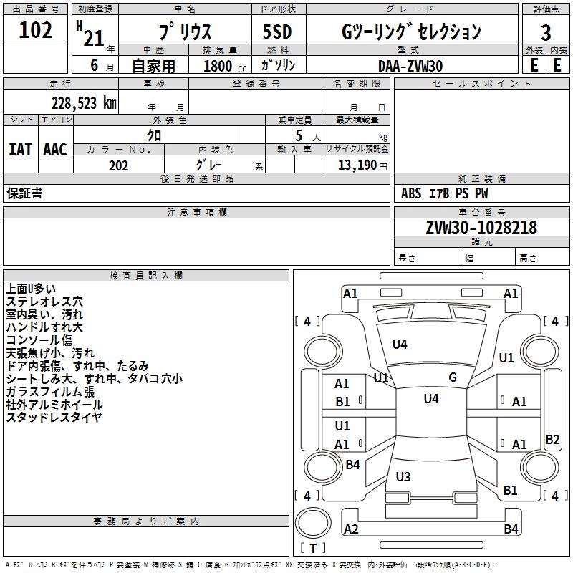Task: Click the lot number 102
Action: (35, 31)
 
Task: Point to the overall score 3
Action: (546, 32)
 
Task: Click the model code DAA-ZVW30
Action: (410, 66)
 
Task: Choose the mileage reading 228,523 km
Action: (83, 103)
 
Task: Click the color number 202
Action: (118, 165)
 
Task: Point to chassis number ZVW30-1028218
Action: (481, 228)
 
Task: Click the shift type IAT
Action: (20, 150)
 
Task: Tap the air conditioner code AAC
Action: (55, 150)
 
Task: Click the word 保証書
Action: (24, 193)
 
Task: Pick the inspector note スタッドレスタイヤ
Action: (54, 418)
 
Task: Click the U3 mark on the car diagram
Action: (403, 477)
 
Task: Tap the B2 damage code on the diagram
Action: (552, 440)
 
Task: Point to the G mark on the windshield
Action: (453, 377)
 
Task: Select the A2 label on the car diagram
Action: (351, 529)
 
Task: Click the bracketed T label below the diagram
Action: (313, 549)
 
